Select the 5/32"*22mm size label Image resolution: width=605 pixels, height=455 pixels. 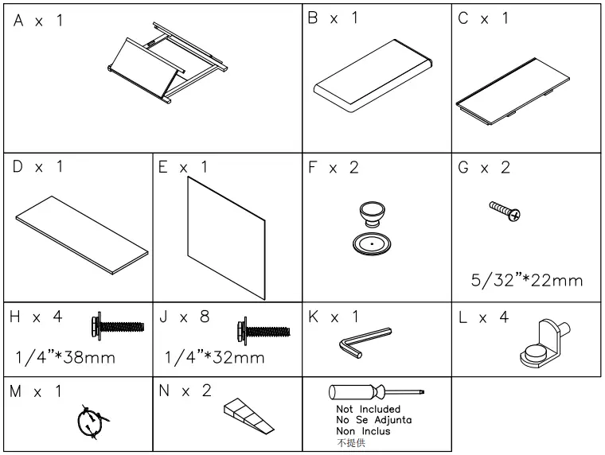click(525, 280)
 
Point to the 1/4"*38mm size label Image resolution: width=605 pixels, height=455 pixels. click(66, 357)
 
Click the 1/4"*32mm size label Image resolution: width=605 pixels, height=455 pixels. click(215, 357)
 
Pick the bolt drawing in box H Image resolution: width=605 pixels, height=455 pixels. click(118, 325)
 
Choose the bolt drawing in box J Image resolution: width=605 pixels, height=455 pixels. click(265, 328)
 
